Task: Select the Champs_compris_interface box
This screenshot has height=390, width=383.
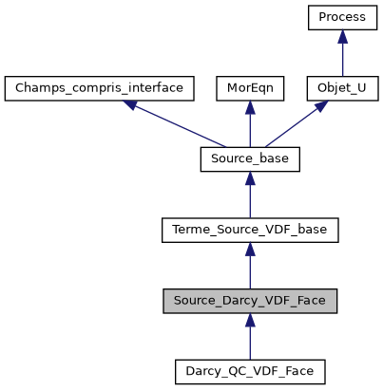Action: (100, 89)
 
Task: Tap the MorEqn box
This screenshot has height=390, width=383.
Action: (250, 89)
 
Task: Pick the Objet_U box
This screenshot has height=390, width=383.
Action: (342, 89)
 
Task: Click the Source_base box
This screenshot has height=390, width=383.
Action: (250, 159)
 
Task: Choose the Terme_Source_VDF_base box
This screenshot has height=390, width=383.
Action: (250, 230)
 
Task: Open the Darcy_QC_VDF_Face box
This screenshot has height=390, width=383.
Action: (250, 370)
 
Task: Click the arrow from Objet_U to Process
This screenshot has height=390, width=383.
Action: (342, 57)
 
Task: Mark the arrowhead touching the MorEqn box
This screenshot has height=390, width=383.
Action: (250, 107)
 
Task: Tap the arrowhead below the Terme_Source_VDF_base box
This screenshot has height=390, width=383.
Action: (250, 249)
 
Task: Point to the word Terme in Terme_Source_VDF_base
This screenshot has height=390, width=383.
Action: (190, 230)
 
